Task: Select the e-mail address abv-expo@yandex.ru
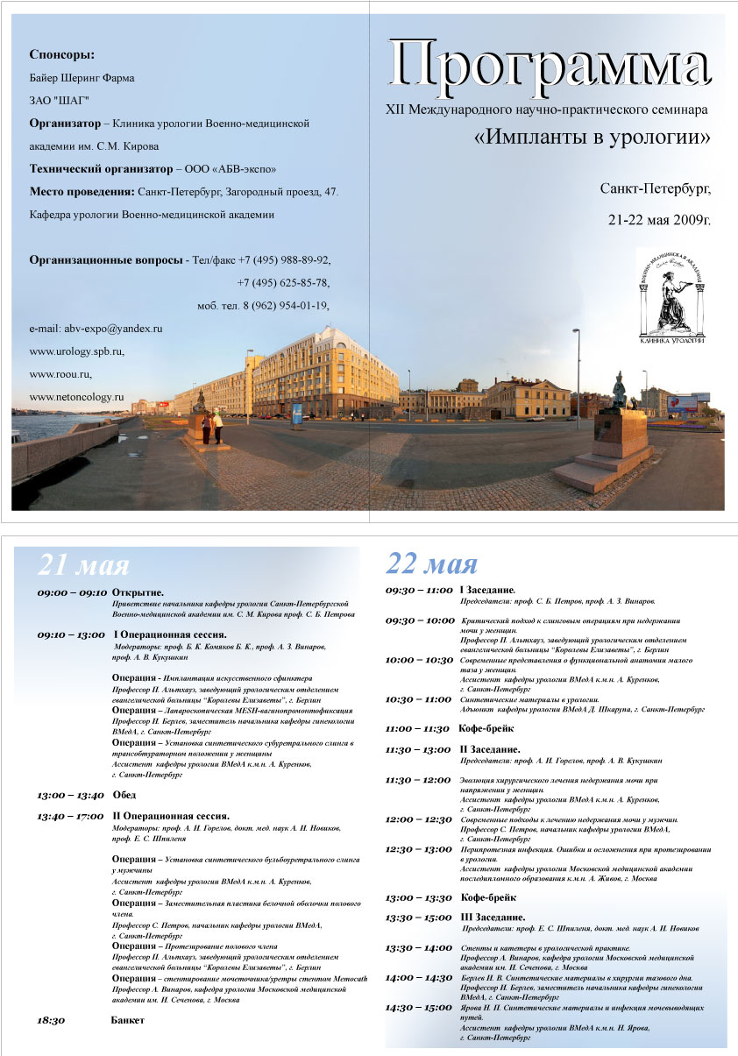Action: click(96, 329)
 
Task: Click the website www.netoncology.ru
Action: click(76, 397)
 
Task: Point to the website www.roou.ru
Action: click(60, 374)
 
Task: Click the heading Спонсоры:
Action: click(61, 54)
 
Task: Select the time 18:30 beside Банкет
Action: click(51, 1021)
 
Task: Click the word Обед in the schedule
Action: click(124, 795)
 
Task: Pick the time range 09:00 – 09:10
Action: click(70, 593)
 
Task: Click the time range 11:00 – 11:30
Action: click(418, 728)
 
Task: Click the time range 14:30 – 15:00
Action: click(418, 1008)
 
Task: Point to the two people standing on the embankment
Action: click(212, 428)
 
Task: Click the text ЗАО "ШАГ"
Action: click(60, 101)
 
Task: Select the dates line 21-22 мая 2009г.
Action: click(659, 219)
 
